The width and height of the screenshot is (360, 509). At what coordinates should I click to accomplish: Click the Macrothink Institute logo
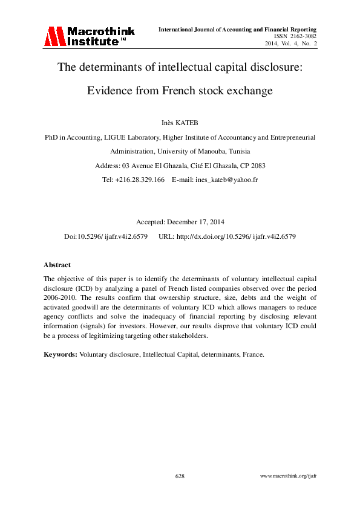(x=88, y=36)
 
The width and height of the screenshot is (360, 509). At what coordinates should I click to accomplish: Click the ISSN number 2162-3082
(x=301, y=36)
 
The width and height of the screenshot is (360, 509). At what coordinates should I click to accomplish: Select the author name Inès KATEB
(x=180, y=124)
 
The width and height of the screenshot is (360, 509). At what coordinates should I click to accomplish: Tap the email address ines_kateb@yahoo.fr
(x=223, y=180)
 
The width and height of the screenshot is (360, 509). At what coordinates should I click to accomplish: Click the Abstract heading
(x=57, y=265)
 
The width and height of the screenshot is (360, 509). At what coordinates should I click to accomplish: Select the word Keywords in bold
(x=60, y=354)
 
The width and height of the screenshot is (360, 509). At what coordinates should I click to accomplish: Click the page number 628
(x=180, y=476)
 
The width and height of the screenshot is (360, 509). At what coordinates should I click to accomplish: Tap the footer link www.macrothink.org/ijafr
(x=288, y=476)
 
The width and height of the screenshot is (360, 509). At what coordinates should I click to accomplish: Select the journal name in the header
(x=238, y=29)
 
